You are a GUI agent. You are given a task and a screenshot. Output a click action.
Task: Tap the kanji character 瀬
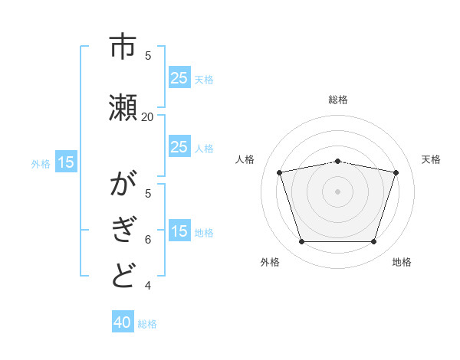[x=123, y=106]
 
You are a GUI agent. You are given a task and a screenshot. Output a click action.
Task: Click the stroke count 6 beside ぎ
[x=148, y=239]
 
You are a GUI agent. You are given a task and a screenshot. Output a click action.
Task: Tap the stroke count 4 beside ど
[x=148, y=286]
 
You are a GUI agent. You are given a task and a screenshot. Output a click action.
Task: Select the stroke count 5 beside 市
[x=148, y=55]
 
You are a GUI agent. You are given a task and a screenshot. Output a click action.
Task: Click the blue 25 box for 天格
[x=179, y=78]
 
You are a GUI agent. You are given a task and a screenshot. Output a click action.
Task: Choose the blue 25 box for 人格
[x=179, y=147]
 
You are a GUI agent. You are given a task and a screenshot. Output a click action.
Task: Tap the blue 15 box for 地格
[x=179, y=231]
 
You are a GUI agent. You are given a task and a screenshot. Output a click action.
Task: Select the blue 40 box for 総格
[x=123, y=323]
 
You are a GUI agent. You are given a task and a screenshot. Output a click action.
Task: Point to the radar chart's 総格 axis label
[x=338, y=100]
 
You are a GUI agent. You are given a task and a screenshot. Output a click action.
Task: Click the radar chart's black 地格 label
[x=402, y=262]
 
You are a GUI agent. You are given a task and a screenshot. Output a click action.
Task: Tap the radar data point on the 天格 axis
[x=396, y=172]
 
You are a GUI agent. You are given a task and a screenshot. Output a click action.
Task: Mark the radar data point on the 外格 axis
[x=302, y=241]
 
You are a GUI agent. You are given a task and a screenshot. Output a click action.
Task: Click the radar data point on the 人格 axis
[x=280, y=172]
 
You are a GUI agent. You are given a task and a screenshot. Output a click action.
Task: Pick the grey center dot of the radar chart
[x=338, y=191]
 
